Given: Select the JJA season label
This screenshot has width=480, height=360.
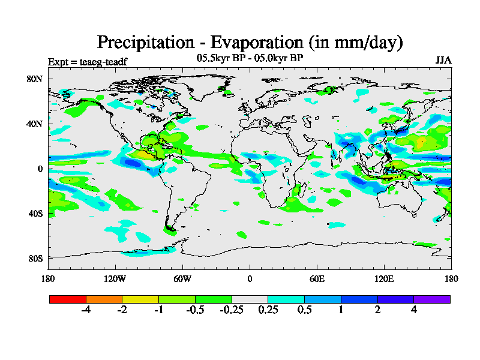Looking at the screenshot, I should pos(443,61).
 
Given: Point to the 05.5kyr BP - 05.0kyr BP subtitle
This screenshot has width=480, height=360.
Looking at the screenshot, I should pos(250,58).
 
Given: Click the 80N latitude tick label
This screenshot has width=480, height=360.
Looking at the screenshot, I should pos(35,79).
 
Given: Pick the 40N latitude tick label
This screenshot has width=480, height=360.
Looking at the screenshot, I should pos(35,124).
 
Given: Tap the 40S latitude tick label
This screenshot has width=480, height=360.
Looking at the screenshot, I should pos(35,213).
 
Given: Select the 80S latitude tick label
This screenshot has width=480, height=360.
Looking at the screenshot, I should pos(35,258).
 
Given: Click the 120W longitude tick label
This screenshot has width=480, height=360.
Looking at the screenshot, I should pos(115,279).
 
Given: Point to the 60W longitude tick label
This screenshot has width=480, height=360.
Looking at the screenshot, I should pos(182,279).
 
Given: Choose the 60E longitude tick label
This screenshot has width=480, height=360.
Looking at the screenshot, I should pos(316,279).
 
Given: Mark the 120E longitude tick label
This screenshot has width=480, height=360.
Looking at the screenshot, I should pos(383,279).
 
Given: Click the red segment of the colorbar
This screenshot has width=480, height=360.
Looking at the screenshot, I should pos(68,299).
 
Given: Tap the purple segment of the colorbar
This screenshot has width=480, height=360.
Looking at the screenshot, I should pos(432,299).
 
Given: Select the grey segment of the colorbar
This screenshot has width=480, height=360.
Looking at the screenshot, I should pos(250,299).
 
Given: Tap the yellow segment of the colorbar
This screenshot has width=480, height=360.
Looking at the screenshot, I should pos(140,299).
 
